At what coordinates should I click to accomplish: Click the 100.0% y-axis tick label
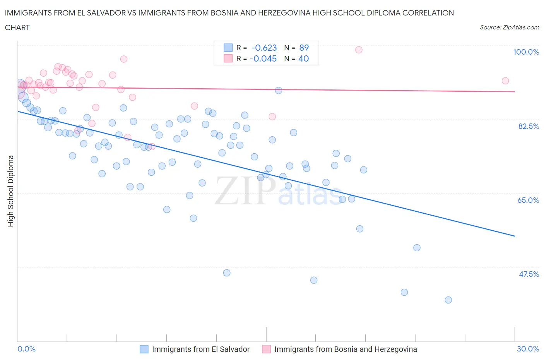tap(526, 52)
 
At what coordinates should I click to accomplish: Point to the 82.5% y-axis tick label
tap(528, 126)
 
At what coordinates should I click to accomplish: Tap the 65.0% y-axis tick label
tap(528, 200)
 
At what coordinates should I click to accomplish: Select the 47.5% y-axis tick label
tap(529, 274)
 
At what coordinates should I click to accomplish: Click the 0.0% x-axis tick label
tap(26, 349)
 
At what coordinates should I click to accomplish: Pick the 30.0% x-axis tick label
tap(528, 349)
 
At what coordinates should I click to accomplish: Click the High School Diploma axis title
tap(11, 191)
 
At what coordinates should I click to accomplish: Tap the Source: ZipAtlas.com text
tap(509, 27)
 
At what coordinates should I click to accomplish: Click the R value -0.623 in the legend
tap(264, 48)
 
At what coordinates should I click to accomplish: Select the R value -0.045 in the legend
tap(263, 58)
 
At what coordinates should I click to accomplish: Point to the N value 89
tap(304, 48)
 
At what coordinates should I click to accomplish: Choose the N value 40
tap(304, 58)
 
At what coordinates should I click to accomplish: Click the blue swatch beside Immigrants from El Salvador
tap(144, 349)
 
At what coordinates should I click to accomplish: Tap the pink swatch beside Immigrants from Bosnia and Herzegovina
tap(266, 349)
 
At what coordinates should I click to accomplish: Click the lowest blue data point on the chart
tap(448, 300)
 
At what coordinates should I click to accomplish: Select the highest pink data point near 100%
tap(359, 50)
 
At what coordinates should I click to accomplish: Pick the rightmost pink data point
tap(505, 81)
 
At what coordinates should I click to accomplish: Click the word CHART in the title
tap(17, 27)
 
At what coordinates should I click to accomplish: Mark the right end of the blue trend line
tap(515, 236)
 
